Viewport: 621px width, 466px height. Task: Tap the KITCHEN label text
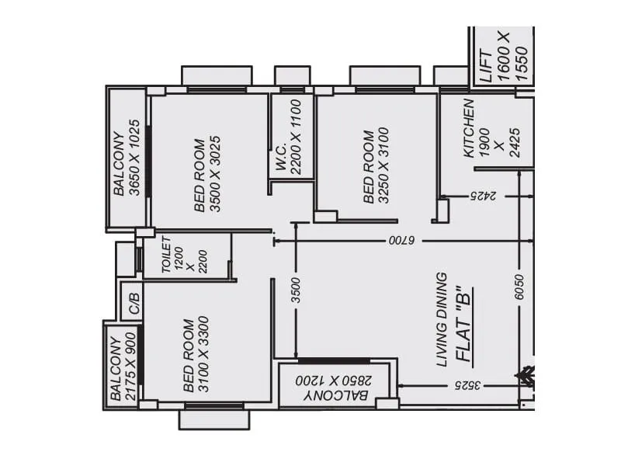click(469, 129)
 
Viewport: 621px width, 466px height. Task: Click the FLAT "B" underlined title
click(464, 326)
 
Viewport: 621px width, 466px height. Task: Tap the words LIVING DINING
click(442, 319)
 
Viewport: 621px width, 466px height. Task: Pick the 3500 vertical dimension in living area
click(295, 290)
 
